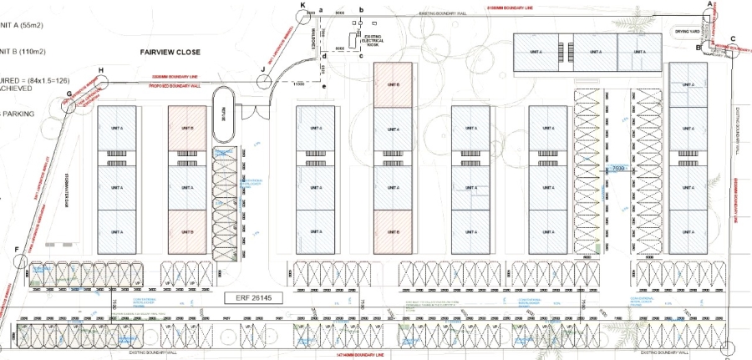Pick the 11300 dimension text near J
pyautogui.click(x=298, y=84)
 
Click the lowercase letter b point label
pyautogui.click(x=361, y=9)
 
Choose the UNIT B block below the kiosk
pyautogui.click(x=393, y=85)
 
